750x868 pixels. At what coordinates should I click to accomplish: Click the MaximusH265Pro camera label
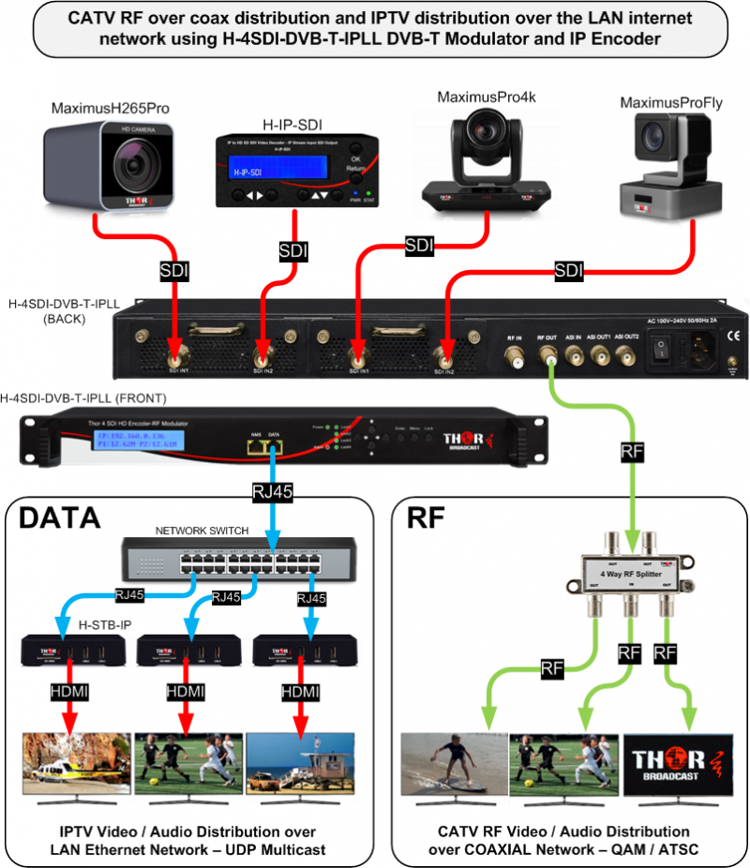pos(110,110)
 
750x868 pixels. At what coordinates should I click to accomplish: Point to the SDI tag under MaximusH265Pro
pos(175,270)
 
